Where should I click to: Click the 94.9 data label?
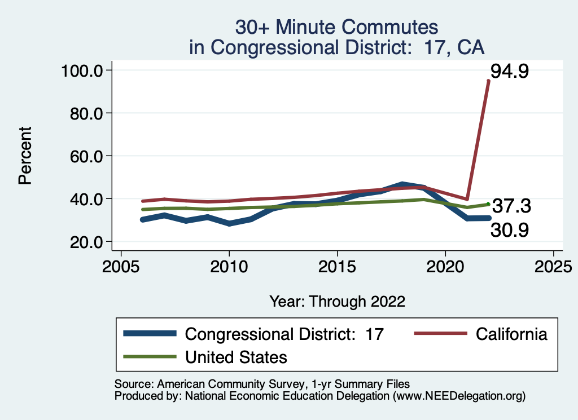point(509,72)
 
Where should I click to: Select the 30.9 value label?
point(509,229)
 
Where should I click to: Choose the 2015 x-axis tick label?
point(337,266)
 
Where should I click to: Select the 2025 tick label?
point(553,266)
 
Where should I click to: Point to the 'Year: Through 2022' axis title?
point(337,301)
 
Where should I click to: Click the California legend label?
point(511,334)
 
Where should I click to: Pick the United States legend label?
point(236,357)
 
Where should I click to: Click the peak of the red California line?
point(488,81)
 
